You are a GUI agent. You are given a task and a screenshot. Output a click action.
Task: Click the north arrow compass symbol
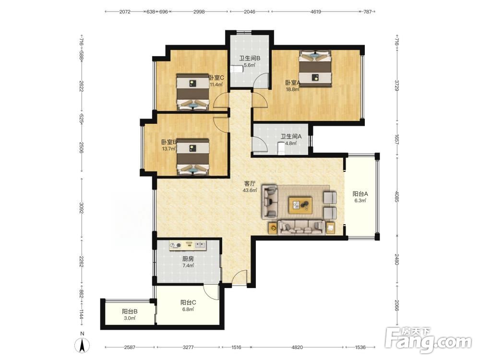[x=82, y=345]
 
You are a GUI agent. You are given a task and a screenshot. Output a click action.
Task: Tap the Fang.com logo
[x=428, y=340]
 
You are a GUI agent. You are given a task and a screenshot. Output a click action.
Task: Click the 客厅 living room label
[x=250, y=184]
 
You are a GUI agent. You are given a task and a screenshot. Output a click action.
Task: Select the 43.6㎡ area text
[x=250, y=191]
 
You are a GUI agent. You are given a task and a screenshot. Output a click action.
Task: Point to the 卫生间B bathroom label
[x=250, y=58]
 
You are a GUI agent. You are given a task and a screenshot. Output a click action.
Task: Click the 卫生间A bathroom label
[x=291, y=136]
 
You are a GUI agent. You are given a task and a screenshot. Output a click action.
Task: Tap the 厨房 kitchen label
[x=188, y=259]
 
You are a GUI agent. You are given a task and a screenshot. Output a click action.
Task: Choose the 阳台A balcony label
[x=360, y=194]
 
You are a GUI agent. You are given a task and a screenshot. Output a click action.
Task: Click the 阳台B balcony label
[x=130, y=312]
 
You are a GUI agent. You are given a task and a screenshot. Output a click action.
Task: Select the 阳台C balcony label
[x=188, y=302]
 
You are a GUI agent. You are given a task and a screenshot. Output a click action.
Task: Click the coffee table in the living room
[x=300, y=205]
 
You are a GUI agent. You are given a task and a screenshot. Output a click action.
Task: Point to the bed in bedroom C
[x=193, y=92]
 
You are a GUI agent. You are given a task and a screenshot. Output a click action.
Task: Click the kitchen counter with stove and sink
[x=188, y=245]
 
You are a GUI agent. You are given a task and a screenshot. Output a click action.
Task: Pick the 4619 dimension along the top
[x=316, y=12]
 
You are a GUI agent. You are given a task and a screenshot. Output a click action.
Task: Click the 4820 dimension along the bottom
[x=297, y=347]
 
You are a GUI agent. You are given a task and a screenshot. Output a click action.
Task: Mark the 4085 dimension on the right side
[x=397, y=197]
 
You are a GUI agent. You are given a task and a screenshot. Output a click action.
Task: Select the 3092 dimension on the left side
[x=82, y=208]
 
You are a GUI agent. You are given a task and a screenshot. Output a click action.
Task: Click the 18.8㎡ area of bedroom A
[x=293, y=89]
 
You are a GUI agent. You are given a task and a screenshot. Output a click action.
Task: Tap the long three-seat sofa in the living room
[x=301, y=227]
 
